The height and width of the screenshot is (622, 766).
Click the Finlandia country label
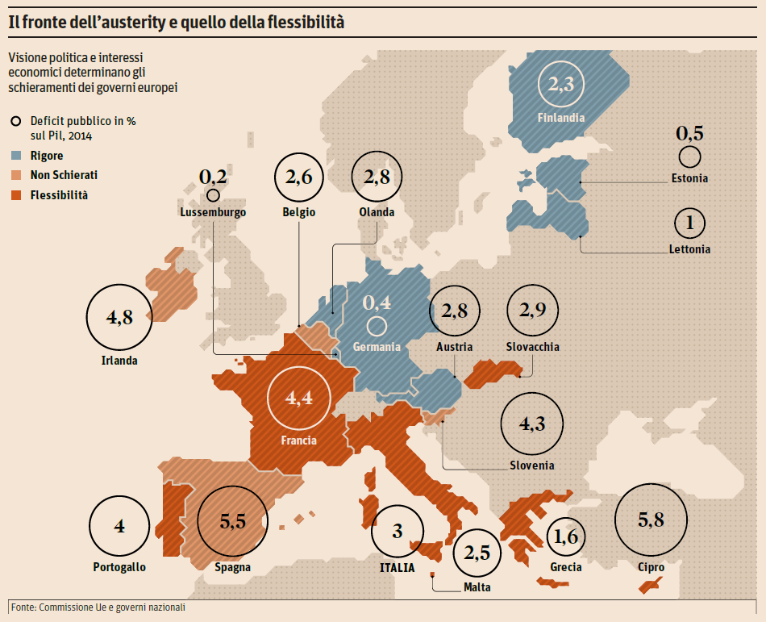coord(560,118)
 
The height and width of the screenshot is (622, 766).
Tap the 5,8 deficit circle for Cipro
coord(651,520)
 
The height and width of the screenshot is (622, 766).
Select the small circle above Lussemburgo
coord(213,194)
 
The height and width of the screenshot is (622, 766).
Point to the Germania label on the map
coord(377,347)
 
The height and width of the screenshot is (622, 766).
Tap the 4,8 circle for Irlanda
coord(119,317)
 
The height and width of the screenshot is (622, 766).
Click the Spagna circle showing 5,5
coord(232,521)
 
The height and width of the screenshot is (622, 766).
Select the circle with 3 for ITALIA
coord(397,532)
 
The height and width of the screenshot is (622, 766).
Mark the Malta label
coord(477,587)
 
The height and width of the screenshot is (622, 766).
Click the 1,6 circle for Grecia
coord(566,536)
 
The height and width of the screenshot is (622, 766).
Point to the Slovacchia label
coord(532,347)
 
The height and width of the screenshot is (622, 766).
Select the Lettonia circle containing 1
coord(689,223)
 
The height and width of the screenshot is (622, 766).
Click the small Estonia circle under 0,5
coord(689,157)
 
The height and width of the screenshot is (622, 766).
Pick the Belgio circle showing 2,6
coord(298,177)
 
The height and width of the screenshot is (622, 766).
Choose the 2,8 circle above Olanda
coord(377,176)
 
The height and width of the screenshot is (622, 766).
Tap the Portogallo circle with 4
coord(119,527)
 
